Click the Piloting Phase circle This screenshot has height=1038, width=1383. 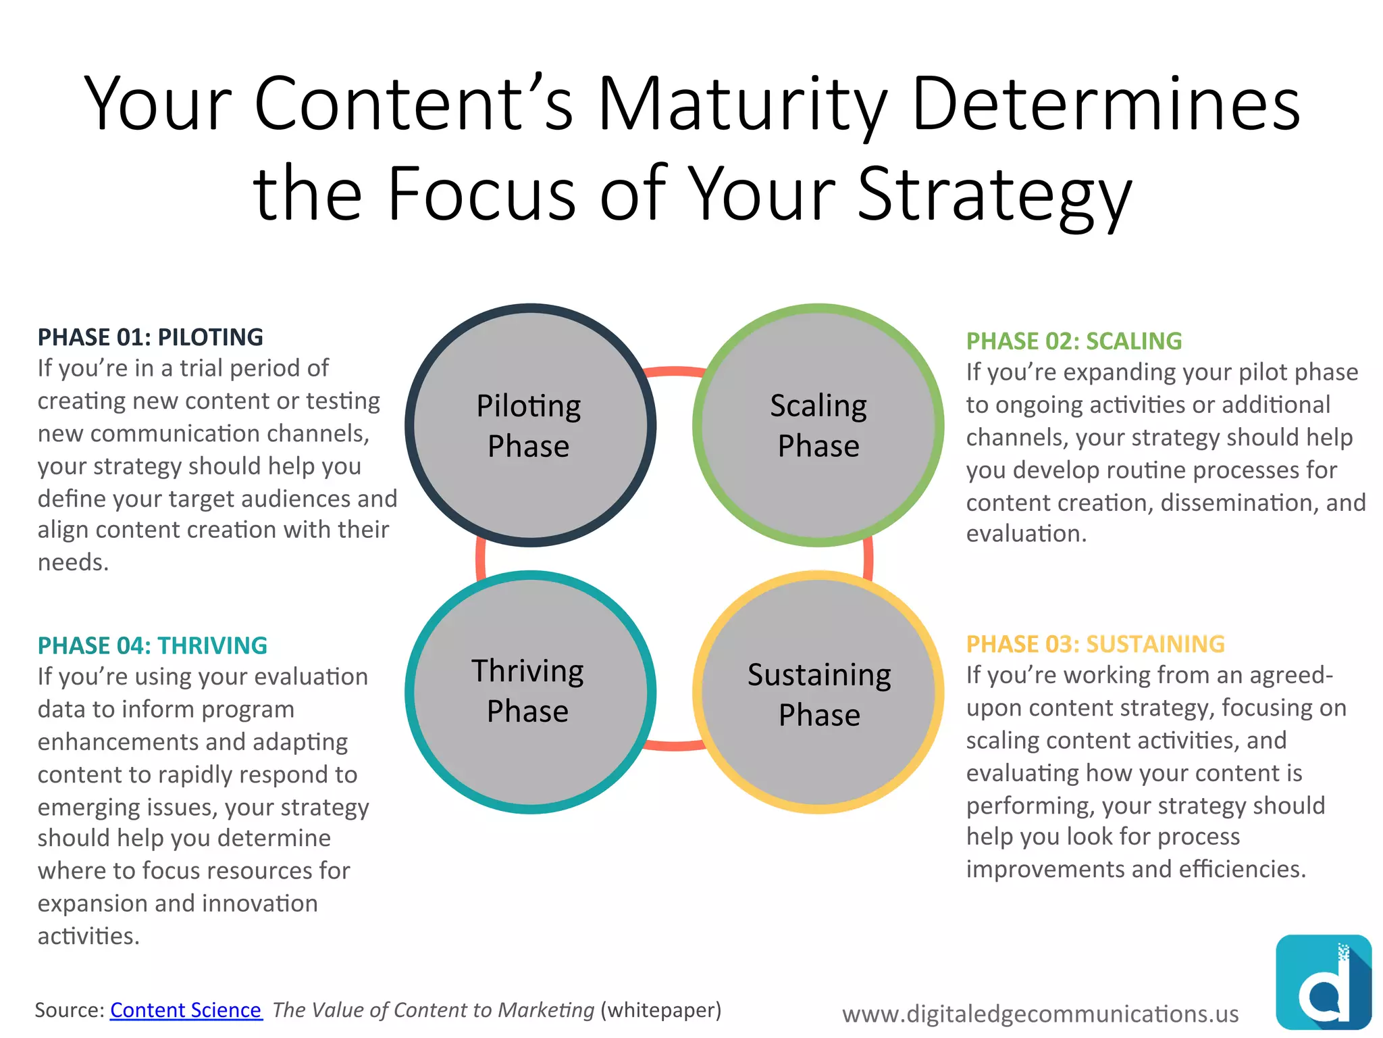click(530, 425)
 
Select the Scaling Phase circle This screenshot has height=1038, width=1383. click(818, 425)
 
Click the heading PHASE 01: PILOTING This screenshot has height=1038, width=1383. click(150, 337)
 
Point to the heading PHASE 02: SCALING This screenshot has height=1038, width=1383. click(1074, 341)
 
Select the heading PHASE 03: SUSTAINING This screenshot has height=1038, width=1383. click(1095, 644)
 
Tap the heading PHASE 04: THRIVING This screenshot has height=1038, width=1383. click(152, 645)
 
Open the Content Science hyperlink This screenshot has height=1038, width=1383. click(186, 1010)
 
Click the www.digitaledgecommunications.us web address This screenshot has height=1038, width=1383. click(1040, 1014)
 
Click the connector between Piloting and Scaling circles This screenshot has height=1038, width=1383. click(674, 371)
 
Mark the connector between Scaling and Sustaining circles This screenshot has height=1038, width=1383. click(868, 558)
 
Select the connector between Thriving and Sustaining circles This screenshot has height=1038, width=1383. click(674, 745)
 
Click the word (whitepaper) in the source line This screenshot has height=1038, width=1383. click(660, 1010)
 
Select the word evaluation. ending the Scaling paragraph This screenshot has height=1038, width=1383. click(1026, 534)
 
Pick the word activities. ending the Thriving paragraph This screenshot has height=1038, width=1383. click(88, 936)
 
